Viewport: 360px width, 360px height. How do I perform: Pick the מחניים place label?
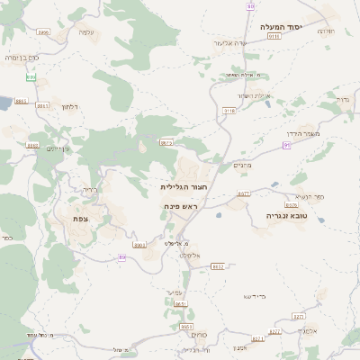pyautogui.click(x=242, y=164)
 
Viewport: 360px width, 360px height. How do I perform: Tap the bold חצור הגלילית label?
pyautogui.click(x=180, y=187)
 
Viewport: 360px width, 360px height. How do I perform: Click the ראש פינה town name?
pyautogui.click(x=181, y=206)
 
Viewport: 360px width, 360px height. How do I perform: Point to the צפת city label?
pyautogui.click(x=80, y=218)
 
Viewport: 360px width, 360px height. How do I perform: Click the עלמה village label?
pyautogui.click(x=86, y=32)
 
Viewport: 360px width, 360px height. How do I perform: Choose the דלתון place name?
pyautogui.click(x=70, y=107)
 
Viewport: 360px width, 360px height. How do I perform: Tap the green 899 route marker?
pyautogui.click(x=31, y=77)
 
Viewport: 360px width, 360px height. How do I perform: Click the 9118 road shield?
pyautogui.click(x=229, y=110)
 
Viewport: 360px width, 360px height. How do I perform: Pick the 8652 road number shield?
pyautogui.click(x=217, y=266)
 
